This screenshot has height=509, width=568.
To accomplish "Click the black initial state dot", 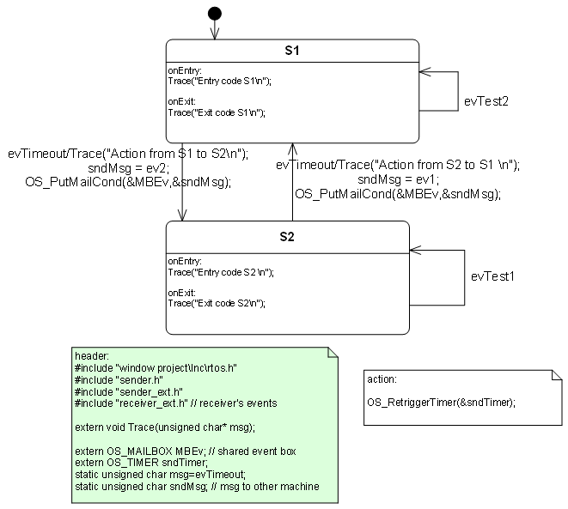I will tap(215, 13).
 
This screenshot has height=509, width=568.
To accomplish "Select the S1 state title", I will tap(292, 52).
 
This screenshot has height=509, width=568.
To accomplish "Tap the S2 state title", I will tap(287, 235).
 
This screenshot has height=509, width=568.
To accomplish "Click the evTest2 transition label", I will tap(486, 101).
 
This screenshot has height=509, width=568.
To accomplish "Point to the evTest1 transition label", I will tap(493, 277).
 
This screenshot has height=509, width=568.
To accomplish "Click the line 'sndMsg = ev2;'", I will tap(129, 168).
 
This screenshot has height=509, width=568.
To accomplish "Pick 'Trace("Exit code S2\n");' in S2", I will tap(216, 303).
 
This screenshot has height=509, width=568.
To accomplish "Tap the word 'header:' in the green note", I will tap(92, 356).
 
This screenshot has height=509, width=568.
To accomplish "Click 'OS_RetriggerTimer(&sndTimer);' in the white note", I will tap(441, 402).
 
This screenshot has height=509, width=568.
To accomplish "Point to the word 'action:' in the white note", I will tap(382, 379).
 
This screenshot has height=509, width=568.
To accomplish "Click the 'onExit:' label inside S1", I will tap(182, 101).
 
